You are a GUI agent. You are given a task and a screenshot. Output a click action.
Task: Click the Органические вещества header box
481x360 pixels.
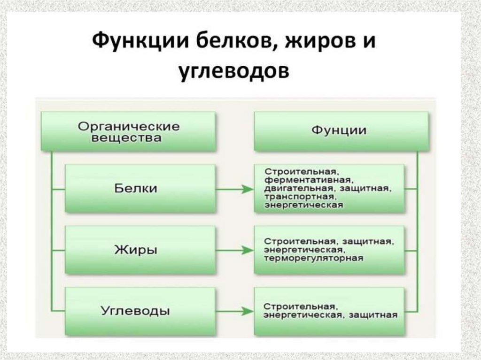(128, 131)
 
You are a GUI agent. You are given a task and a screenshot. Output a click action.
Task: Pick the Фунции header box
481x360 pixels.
(341, 131)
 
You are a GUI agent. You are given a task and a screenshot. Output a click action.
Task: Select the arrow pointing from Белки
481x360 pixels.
(234, 189)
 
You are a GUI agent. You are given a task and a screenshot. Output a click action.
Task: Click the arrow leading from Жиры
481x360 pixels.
(234, 250)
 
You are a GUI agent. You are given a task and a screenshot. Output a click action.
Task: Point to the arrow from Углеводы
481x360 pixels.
(234, 311)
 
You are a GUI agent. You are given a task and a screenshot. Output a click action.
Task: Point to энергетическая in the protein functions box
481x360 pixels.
(303, 205)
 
